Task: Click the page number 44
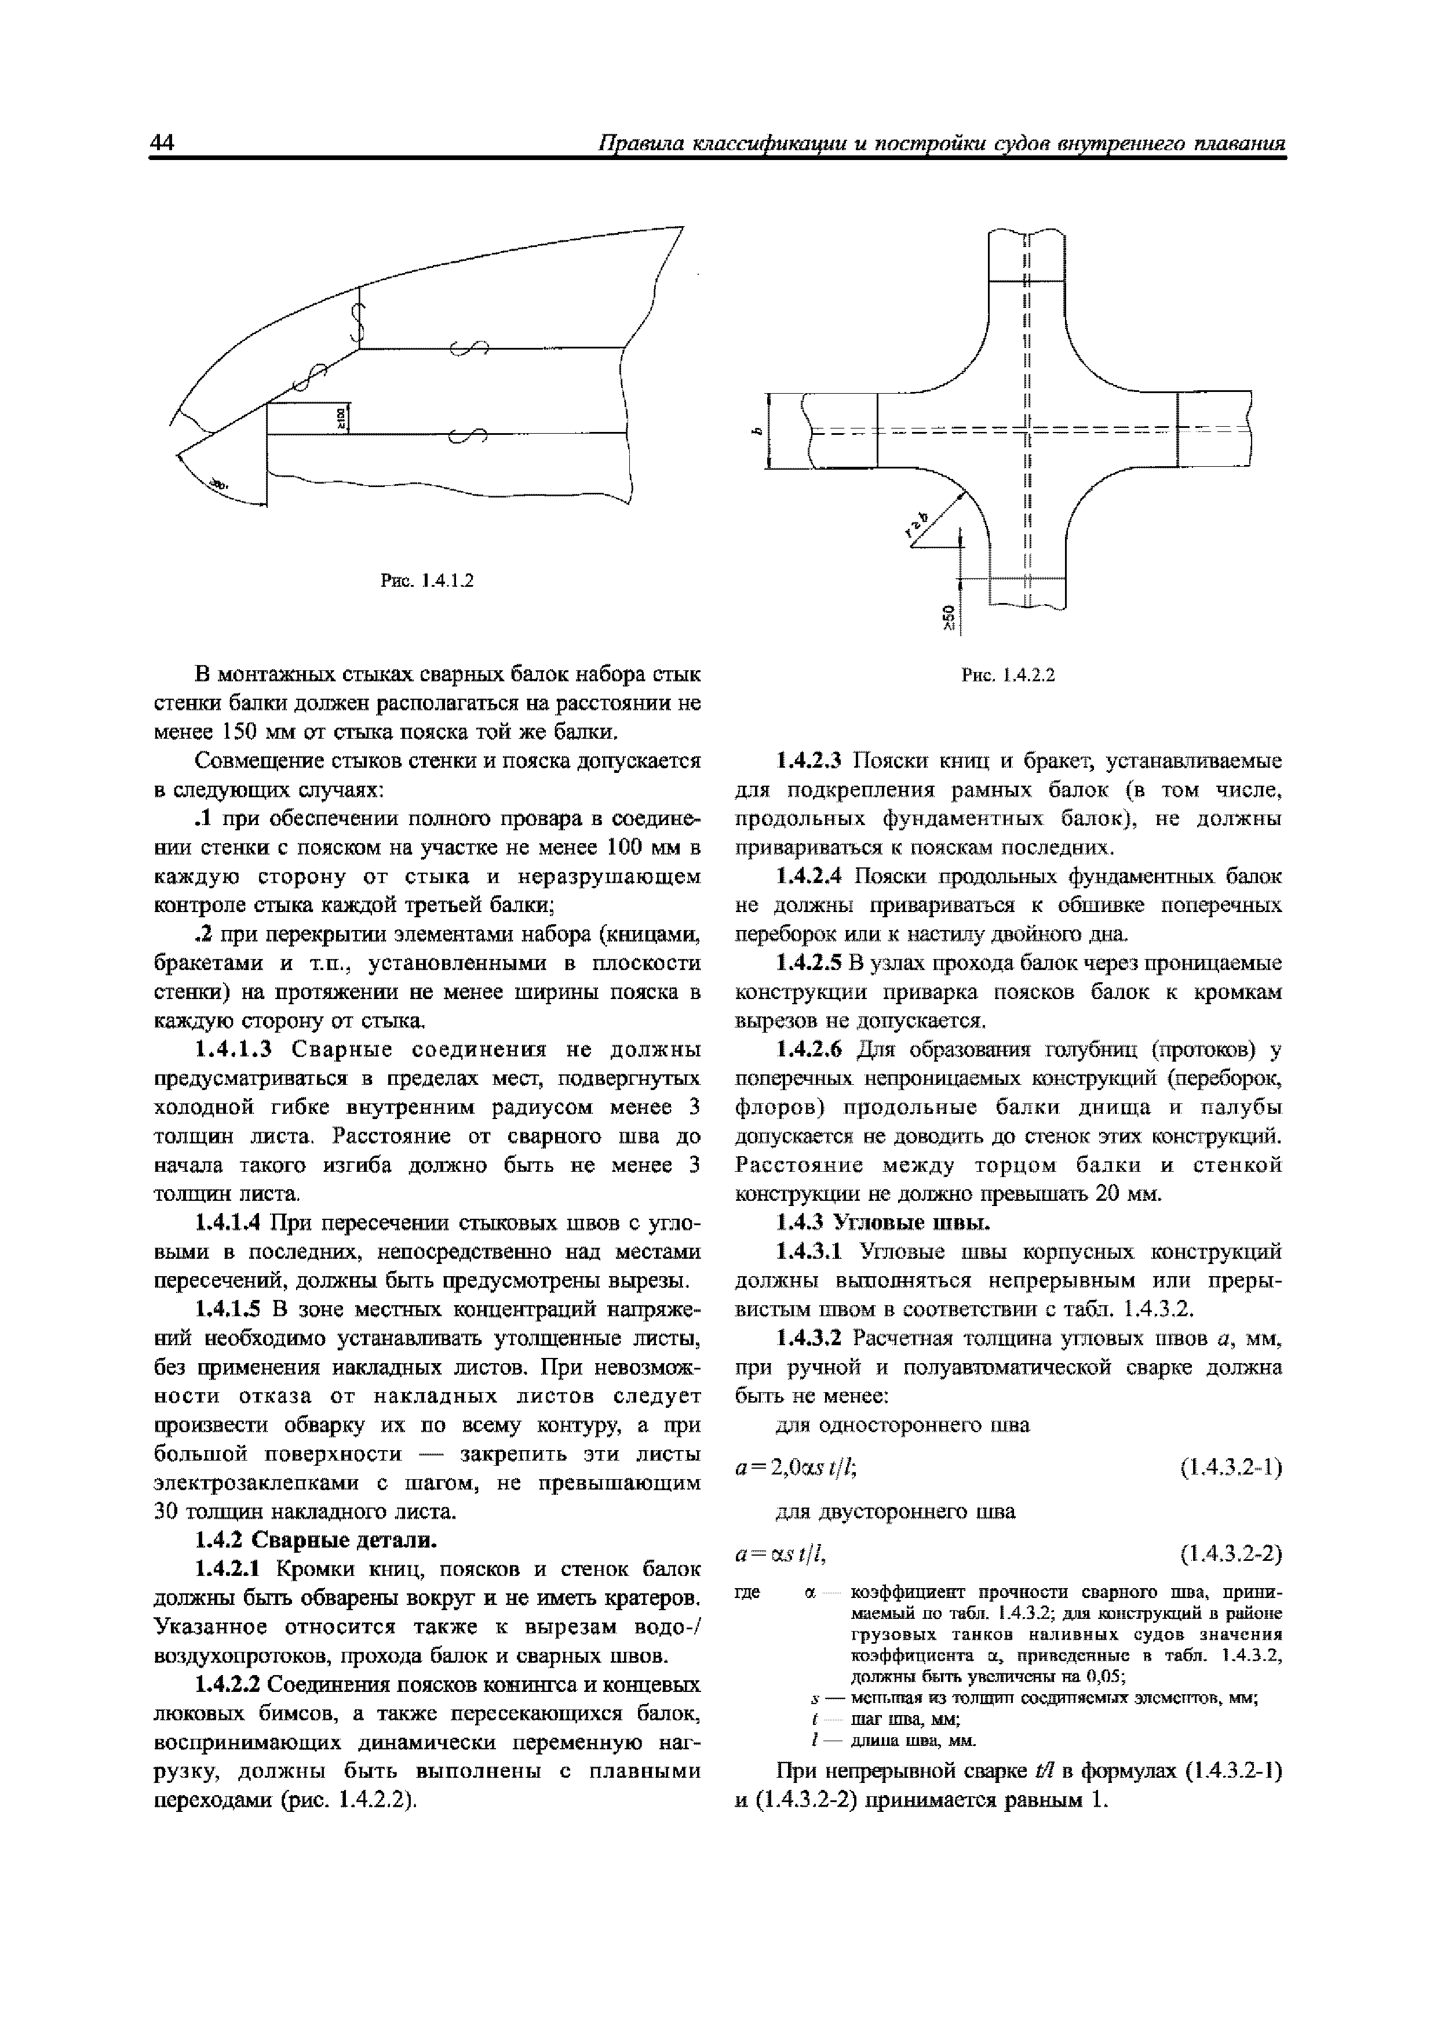[x=165, y=144]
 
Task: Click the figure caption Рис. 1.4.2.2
[x=1008, y=675]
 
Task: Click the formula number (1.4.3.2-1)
[x=1231, y=1468]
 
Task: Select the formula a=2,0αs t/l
[x=793, y=1468]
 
